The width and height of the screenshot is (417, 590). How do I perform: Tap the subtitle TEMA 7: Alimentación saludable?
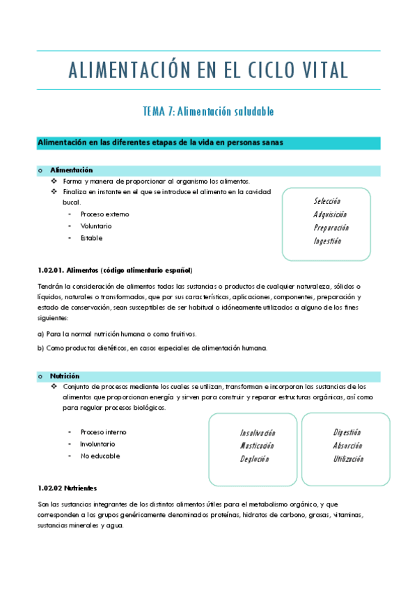point(208,111)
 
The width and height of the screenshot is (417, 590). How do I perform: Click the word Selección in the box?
point(326,201)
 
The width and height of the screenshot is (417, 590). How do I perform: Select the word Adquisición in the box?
point(330,214)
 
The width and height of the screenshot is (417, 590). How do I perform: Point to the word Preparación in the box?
point(331,228)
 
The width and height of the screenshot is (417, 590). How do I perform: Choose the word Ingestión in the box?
point(327,241)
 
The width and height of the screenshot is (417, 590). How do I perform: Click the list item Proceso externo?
point(104,214)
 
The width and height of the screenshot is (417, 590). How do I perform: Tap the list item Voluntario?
point(96,226)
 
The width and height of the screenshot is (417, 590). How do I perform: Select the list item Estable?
point(91,238)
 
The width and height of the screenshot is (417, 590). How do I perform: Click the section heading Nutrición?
point(65,375)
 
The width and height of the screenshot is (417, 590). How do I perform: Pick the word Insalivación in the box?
point(258,433)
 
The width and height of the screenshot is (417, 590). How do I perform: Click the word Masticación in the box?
point(257,446)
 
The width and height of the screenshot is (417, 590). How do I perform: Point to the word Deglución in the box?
point(254,459)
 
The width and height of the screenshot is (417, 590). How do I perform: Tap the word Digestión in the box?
point(347,432)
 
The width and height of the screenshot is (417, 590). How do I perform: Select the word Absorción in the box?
point(347,445)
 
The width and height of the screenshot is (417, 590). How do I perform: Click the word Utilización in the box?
point(348,459)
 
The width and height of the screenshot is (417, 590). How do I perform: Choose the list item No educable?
point(100,456)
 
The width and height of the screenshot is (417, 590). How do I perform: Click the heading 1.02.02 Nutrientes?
point(67,488)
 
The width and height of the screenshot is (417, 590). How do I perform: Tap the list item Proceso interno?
point(103,432)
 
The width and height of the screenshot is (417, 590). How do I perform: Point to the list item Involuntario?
point(97,444)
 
